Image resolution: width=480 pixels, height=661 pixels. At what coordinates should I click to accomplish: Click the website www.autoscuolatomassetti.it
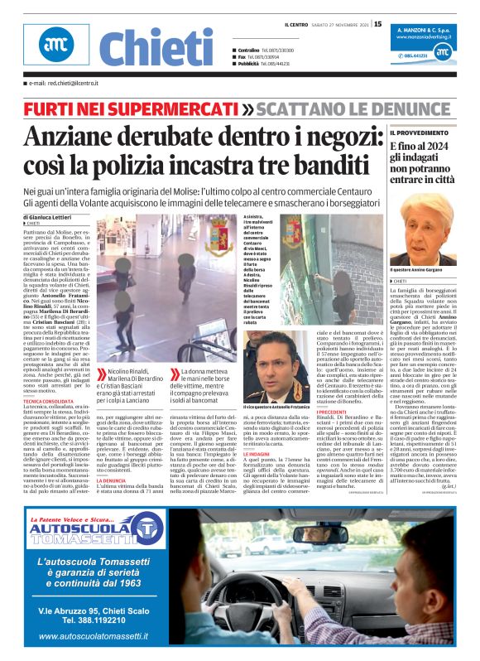(93, 636)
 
